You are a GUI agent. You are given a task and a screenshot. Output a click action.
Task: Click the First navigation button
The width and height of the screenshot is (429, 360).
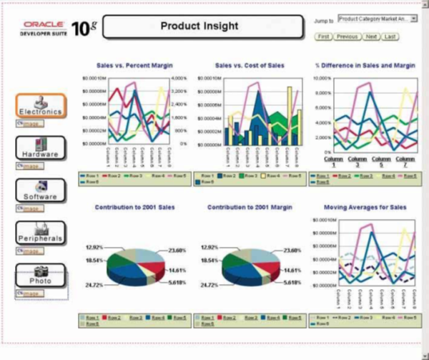point(323,36)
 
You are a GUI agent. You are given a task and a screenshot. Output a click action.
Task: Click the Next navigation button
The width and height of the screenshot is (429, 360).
point(371,36)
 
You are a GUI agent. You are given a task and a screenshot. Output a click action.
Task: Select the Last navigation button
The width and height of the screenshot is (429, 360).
point(390,36)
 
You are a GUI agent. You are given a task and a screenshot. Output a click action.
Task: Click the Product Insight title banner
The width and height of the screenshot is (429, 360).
point(199,27)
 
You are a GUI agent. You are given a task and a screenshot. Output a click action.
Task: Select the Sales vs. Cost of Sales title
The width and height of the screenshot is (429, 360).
point(249,65)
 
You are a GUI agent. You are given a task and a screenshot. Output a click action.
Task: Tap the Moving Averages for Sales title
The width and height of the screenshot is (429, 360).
point(365,207)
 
